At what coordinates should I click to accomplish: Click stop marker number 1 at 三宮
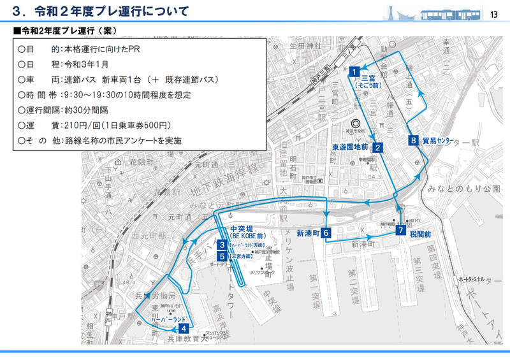pyautogui.click(x=352, y=72)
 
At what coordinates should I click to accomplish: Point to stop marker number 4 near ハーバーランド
pyautogui.click(x=184, y=329)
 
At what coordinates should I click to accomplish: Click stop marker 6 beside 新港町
pyautogui.click(x=325, y=233)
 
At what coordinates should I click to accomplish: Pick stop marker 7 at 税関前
pyautogui.click(x=401, y=231)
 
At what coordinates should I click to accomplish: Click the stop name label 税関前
pyautogui.click(x=421, y=234)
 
